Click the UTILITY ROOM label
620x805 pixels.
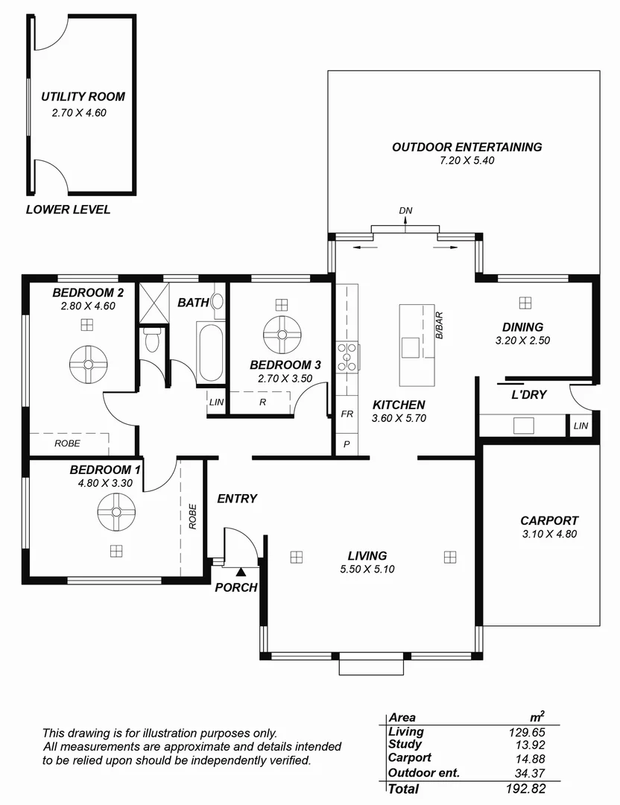pos(83,97)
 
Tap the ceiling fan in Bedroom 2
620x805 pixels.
pos(89,364)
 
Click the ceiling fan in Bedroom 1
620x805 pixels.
pos(116,512)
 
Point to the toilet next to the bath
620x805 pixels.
pos(152,341)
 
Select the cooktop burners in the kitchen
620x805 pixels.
pos(347,356)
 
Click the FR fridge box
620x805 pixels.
pos(347,414)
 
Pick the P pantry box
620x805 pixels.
pos(347,443)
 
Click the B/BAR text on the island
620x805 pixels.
pos(440,325)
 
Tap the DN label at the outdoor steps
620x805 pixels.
pos(405,211)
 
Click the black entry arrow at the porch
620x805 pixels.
pos(241,572)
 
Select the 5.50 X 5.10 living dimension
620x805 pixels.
pos(367,569)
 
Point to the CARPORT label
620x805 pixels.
pos(549,521)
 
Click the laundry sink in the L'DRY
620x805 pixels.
pos(524,425)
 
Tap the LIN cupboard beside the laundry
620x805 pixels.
pos(581,426)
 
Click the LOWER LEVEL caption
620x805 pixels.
pos(68,209)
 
